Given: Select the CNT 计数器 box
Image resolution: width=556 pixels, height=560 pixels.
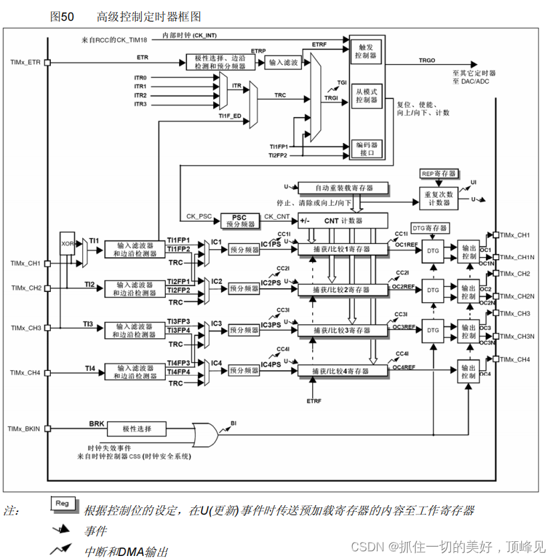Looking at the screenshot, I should [x=342, y=220].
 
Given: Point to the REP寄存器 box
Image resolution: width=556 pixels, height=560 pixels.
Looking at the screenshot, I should [x=438, y=173].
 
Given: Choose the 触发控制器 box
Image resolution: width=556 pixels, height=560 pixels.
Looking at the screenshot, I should [x=367, y=52].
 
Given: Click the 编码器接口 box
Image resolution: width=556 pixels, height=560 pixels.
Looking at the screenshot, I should [x=367, y=148].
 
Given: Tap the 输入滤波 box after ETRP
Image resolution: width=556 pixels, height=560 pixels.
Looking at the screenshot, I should [x=283, y=62].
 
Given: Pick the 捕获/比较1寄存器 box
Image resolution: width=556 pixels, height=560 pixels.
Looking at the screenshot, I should [x=342, y=249].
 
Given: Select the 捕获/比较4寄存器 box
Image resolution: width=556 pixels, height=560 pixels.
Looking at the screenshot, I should [x=342, y=370].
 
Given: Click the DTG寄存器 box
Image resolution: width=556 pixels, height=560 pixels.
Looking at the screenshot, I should [x=428, y=228].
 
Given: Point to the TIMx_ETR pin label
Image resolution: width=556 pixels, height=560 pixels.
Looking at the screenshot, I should [x=25, y=63].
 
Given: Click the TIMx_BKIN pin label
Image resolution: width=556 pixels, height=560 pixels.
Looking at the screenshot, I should [x=24, y=428].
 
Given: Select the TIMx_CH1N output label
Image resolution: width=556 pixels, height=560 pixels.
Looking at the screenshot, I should [x=515, y=257].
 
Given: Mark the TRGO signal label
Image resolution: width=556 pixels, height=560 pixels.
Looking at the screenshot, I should [x=426, y=60].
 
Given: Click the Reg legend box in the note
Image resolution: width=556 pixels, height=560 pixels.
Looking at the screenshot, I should [x=62, y=504].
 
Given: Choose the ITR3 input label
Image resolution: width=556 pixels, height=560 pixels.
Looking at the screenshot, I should [x=140, y=104].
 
